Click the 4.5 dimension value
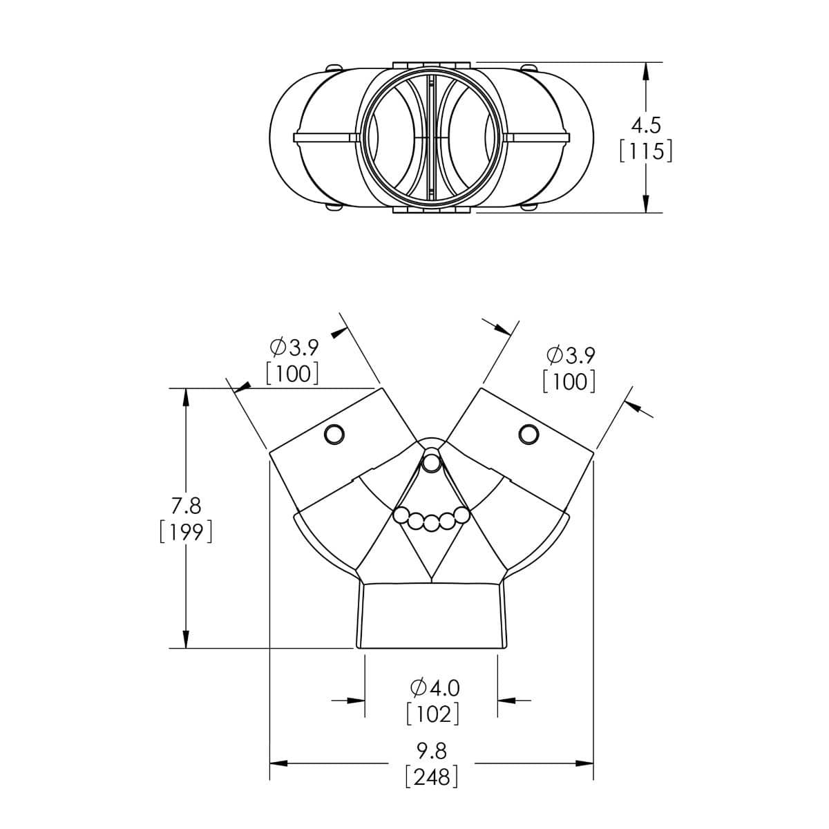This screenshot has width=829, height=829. click(x=645, y=126)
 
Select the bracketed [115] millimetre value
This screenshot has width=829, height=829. click(x=646, y=152)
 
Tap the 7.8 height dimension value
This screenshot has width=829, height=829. click(x=186, y=506)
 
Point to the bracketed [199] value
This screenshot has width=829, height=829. click(x=186, y=532)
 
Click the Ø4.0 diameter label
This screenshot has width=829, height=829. click(x=435, y=688)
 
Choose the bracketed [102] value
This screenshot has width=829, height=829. click(x=432, y=714)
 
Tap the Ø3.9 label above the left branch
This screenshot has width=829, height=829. click(x=294, y=347)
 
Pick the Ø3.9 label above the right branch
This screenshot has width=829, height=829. click(x=571, y=355)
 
